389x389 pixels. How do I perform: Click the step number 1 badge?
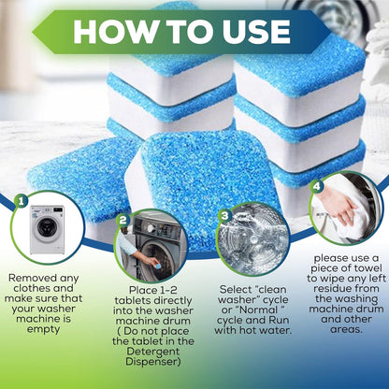(21, 202)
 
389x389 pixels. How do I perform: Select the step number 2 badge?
(122, 221)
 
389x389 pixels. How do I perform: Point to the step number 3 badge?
(224, 216)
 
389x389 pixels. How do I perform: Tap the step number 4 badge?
(316, 186)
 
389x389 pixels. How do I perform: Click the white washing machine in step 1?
(47, 229)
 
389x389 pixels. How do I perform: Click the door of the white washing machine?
(48, 227)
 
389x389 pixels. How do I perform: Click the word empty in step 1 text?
(43, 330)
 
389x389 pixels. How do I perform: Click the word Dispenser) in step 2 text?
(153, 362)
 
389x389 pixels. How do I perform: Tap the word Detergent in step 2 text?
(153, 352)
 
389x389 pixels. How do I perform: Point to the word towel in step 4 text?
(366, 267)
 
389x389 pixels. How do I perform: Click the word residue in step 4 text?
(332, 288)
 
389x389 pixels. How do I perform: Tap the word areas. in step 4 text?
(346, 330)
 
